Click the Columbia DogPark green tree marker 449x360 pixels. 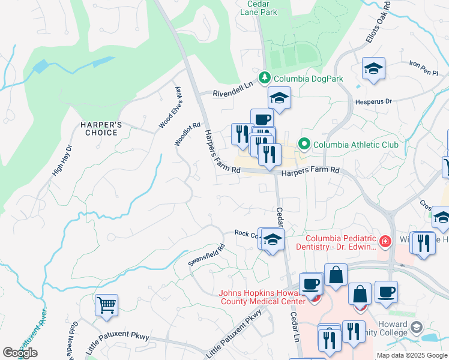coord(264,78)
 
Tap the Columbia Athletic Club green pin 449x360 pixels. coord(304,144)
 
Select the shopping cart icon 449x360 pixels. coord(106,305)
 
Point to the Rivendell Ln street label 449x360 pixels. coord(235,92)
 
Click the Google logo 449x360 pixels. coord(20,353)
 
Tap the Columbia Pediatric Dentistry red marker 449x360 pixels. coord(385,242)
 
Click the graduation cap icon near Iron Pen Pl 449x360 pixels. coord(373,69)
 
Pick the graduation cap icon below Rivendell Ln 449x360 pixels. coord(279,98)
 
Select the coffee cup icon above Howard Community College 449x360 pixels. coord(385,292)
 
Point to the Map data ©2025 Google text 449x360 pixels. coord(412,355)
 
